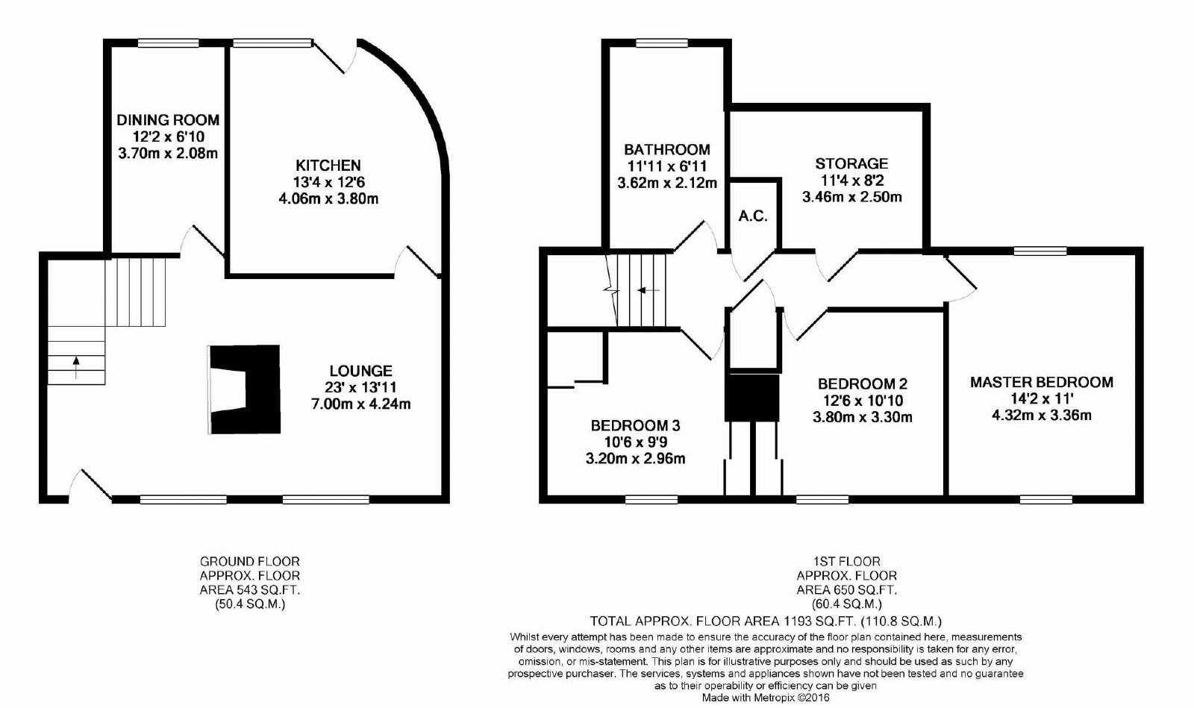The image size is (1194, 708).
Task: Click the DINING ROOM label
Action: point(168,120)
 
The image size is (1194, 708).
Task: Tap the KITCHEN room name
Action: point(328,165)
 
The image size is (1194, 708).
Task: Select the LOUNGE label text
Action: point(361,371)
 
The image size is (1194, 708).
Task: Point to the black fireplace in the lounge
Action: point(245,389)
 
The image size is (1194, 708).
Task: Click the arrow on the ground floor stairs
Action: point(75,367)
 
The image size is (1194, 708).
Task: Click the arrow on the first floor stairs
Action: point(648,290)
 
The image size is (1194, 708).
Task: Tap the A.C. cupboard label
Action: point(753,216)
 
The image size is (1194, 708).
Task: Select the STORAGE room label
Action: point(851,163)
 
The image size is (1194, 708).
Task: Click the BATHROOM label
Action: point(667,149)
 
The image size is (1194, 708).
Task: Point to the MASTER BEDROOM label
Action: point(1042,382)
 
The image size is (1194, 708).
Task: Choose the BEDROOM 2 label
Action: point(863,383)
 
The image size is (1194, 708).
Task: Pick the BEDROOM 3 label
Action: point(635,426)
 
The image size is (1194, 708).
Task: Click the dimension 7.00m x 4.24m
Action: point(361,404)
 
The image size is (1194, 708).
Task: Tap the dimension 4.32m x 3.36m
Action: point(1042,415)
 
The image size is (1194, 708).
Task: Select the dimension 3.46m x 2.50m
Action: point(851,196)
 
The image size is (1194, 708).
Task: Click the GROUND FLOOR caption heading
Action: point(250,562)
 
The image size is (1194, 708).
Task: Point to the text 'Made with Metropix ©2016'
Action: point(766,698)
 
